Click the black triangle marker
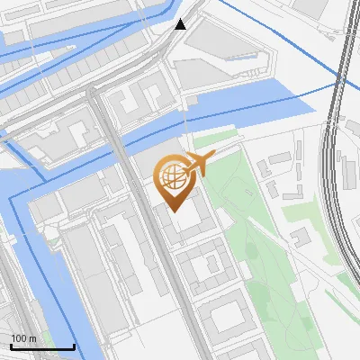point(181,24)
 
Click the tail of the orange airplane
point(211,157)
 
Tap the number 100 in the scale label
point(19,338)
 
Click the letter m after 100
point(31,338)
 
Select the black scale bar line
point(42,346)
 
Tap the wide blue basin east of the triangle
point(270,94)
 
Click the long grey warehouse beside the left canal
point(81,270)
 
